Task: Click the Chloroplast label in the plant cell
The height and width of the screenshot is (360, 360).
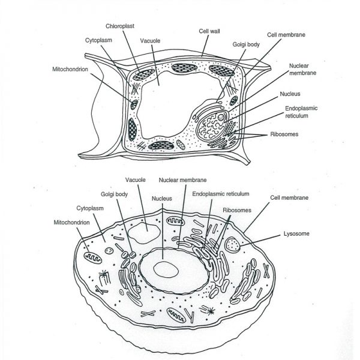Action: point(119,26)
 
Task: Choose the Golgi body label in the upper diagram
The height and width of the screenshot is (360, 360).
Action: point(245,44)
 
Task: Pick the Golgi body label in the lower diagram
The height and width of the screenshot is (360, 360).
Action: point(113,194)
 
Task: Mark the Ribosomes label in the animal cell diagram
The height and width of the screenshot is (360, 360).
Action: point(237,211)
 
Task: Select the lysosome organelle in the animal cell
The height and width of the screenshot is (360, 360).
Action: point(232,244)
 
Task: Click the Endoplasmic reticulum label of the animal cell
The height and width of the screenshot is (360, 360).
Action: point(221,194)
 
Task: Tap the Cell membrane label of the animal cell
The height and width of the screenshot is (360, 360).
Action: point(290,197)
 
